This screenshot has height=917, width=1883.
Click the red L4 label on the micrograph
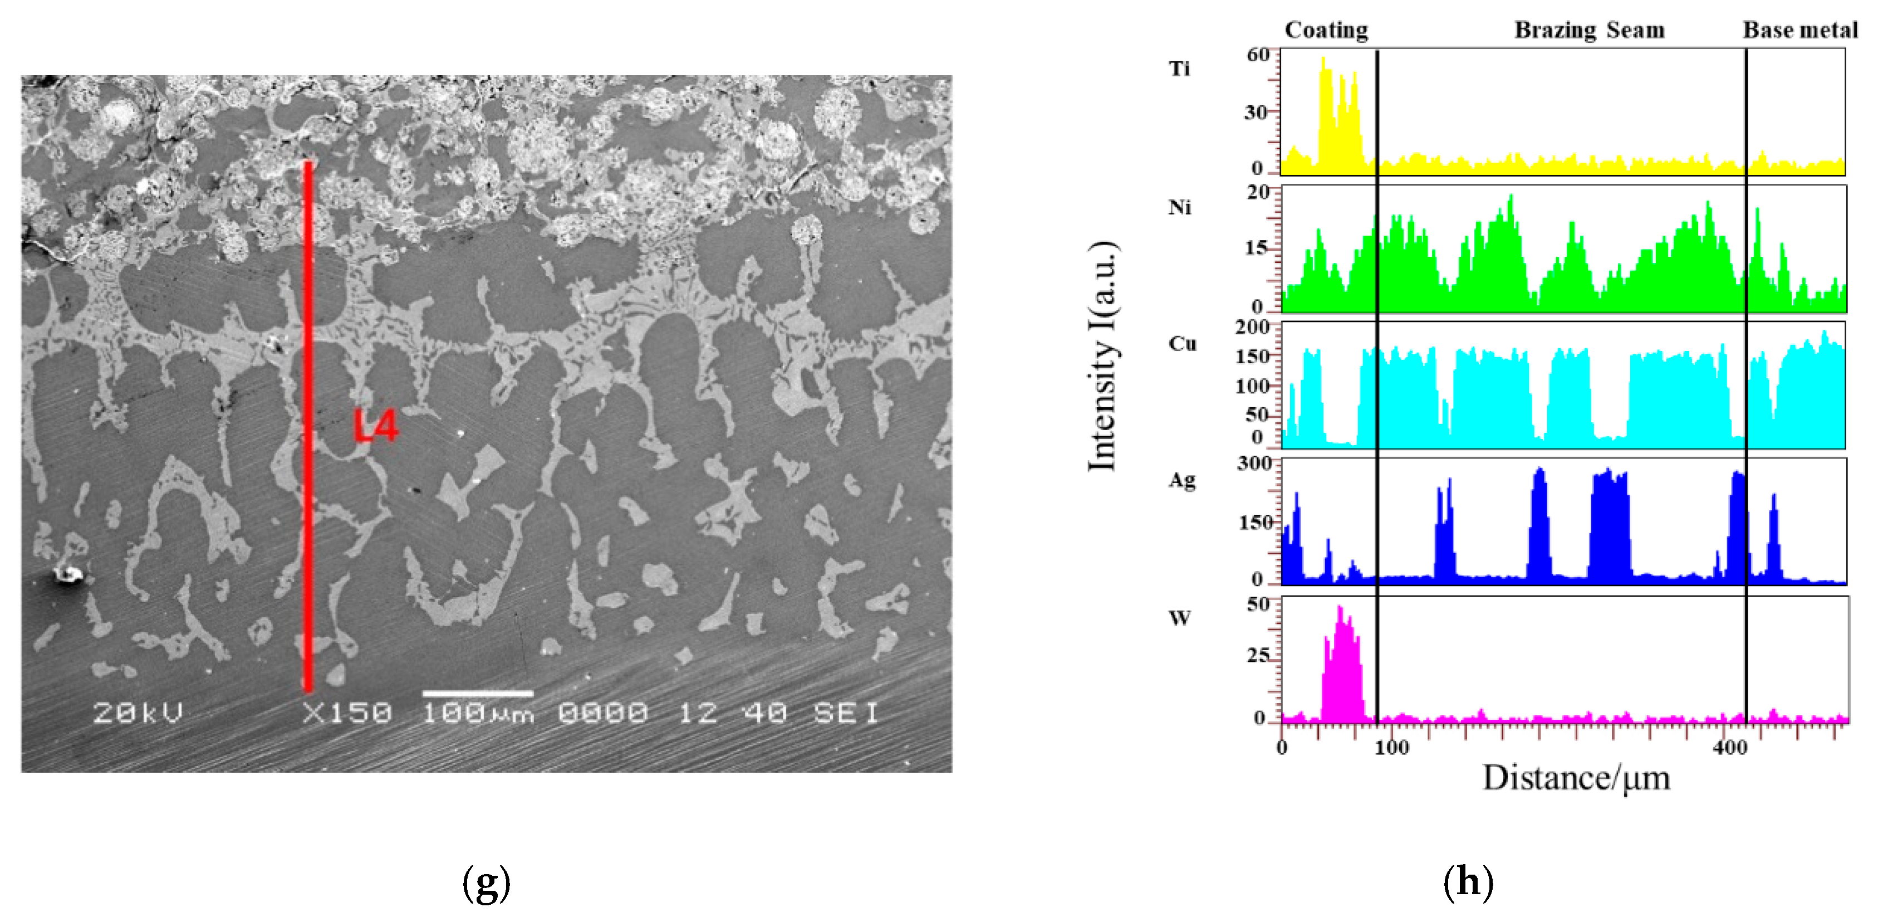pos(376,426)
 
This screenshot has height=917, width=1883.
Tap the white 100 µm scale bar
pos(477,693)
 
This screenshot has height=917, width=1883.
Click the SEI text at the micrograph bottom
pos(846,712)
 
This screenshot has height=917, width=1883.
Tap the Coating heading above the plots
pos(1326,30)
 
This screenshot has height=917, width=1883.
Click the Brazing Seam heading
pos(1589,30)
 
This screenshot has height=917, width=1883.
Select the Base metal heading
pos(1799,30)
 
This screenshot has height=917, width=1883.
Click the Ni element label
pos(1179,208)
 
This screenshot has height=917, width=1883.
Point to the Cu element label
pos(1182,344)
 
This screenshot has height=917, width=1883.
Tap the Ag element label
pos(1182,480)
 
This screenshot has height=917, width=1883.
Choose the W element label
pos(1179,618)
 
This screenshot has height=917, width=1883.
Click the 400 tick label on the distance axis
pos(1729,747)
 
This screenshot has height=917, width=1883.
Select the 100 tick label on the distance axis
pos(1391,747)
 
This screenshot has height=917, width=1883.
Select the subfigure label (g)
pos(486,882)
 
